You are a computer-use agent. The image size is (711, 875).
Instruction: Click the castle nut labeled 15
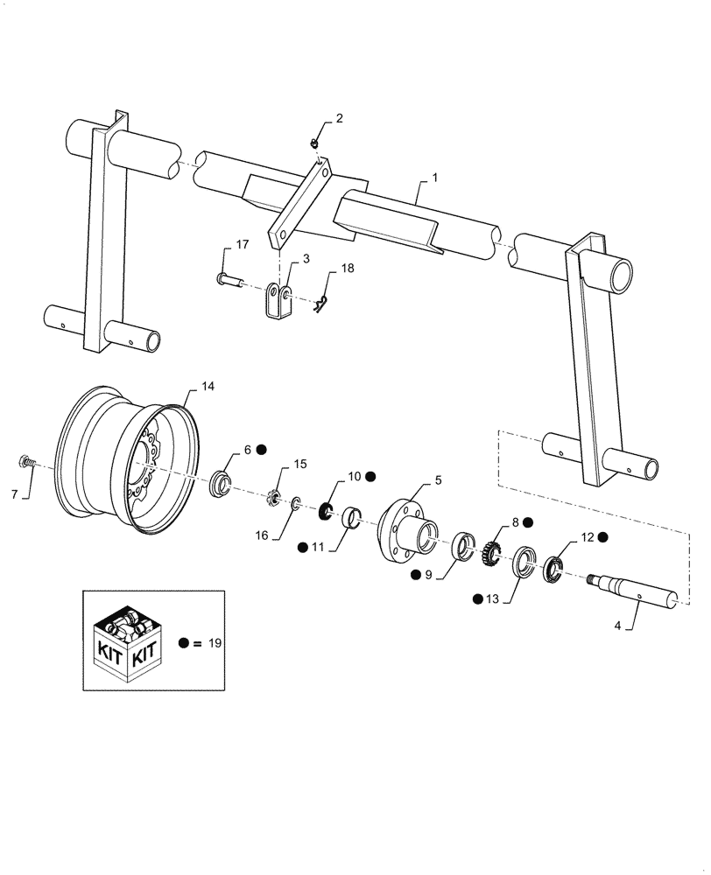(x=273, y=500)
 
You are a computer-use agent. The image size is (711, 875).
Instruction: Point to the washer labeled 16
(x=295, y=503)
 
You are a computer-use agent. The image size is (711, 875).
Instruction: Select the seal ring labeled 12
(x=553, y=570)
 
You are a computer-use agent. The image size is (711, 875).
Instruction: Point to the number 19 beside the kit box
(x=215, y=643)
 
